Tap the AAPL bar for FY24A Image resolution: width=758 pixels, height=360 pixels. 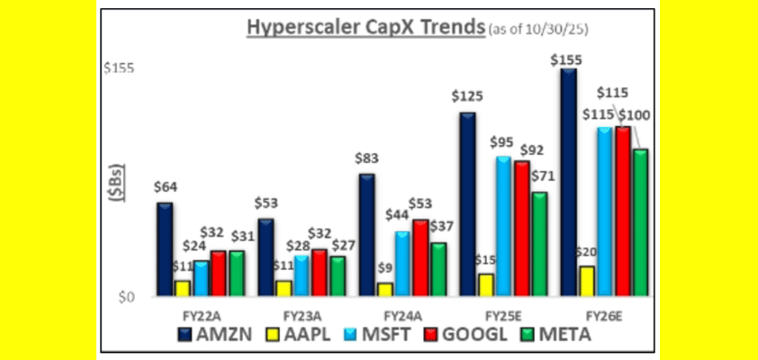pos(384,288)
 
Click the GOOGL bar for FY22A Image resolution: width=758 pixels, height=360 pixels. pos(219,273)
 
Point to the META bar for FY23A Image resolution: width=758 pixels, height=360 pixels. pos(338,275)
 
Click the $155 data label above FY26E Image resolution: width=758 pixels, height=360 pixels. pos(568,58)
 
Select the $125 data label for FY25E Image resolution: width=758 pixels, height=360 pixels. pos(467,95)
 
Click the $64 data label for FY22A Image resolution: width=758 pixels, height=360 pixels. pos(165,187)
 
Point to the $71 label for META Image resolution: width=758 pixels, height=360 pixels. pos(539,174)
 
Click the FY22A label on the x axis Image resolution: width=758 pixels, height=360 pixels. pos(195,316)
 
